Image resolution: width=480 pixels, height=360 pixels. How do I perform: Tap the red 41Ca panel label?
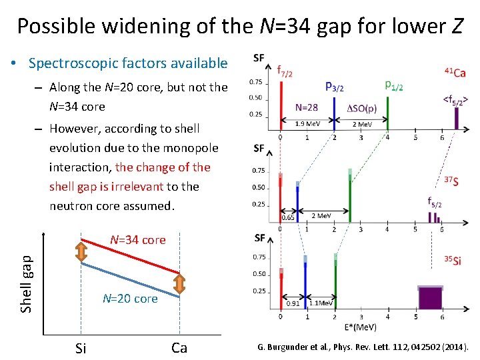pos(455,72)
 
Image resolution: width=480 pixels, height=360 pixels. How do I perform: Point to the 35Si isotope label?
pos(452,261)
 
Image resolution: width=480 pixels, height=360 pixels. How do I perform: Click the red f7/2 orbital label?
pos(285,71)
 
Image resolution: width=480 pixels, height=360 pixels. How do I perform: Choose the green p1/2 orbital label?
pos(394,85)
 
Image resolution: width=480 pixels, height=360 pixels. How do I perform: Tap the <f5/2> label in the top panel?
pos(455,99)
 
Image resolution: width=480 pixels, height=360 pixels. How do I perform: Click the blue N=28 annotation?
pos(307,107)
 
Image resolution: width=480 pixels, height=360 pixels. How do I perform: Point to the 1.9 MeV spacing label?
pos(307,123)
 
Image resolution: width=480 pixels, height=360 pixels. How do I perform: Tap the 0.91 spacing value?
pos(293,303)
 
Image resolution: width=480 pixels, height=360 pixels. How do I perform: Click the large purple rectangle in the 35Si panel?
pos(430,298)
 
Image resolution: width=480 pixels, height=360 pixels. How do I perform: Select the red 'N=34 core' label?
pos(137,240)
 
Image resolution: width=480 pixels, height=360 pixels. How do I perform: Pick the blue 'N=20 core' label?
pos(130,298)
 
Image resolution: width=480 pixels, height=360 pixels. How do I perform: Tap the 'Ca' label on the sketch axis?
pos(179,347)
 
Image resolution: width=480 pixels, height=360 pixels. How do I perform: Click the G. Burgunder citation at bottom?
pos(363,347)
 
